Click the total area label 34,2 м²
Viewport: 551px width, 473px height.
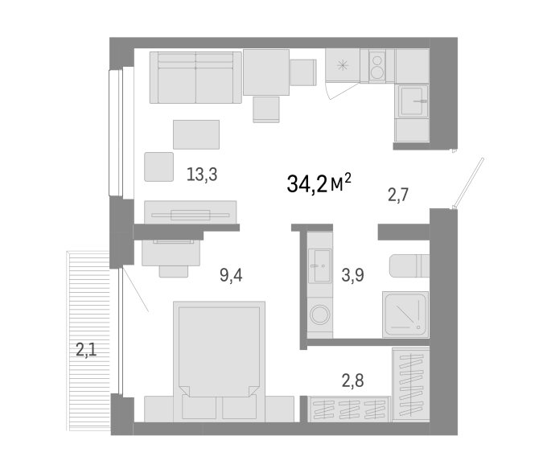pos(319,183)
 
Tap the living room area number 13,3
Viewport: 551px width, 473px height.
pos(202,175)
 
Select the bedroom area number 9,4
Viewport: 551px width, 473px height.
pos(231,275)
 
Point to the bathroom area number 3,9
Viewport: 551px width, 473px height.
pos(352,275)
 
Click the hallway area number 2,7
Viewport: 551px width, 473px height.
pos(398,195)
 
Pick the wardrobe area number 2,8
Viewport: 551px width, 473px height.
pos(352,380)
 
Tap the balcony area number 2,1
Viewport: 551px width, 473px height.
pos(86,350)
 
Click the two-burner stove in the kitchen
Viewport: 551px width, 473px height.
pos(377,66)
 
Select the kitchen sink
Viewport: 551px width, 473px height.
pos(413,101)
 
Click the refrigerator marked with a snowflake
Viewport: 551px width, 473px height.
pos(343,65)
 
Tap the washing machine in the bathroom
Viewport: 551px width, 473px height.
pos(320,314)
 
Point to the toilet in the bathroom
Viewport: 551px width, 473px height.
pos(409,265)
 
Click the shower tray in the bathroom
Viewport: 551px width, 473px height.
pos(405,315)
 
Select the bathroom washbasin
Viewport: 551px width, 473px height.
pos(320,266)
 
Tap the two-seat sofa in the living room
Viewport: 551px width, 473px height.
pos(195,77)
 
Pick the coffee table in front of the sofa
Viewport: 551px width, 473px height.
pos(196,134)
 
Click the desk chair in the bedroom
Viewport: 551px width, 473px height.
pos(173,271)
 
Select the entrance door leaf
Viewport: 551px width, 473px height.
pos(469,183)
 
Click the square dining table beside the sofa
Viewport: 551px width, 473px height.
pos(266,72)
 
